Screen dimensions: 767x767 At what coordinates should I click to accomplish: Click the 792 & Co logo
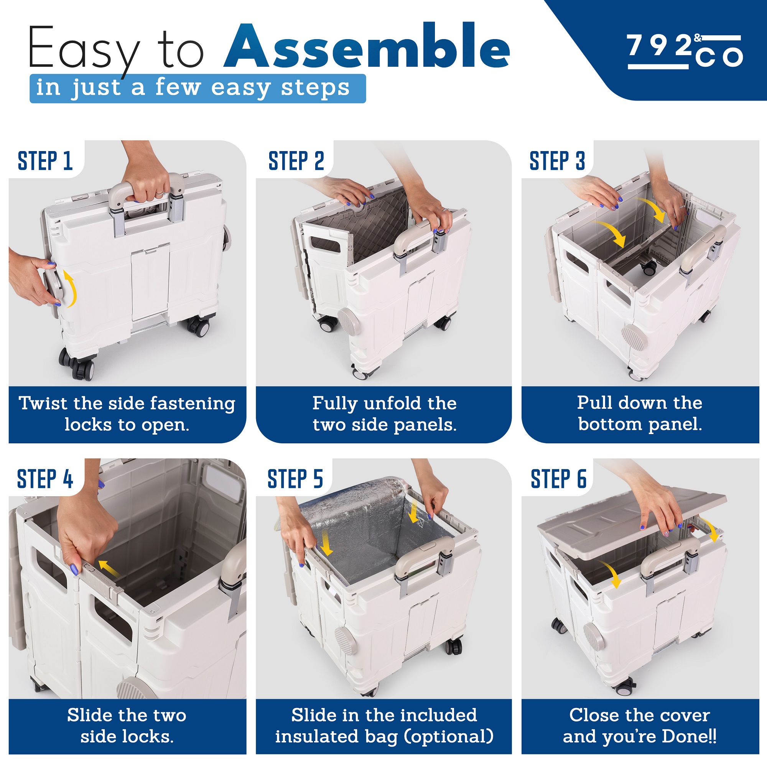pyautogui.click(x=685, y=52)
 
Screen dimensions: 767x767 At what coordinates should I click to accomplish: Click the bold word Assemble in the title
pyautogui.click(x=367, y=46)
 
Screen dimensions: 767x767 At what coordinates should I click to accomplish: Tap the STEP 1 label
pyautogui.click(x=45, y=161)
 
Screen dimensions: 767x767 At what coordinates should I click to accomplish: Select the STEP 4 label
pyautogui.click(x=45, y=479)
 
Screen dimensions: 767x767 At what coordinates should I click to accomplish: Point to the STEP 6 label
pyautogui.click(x=559, y=479)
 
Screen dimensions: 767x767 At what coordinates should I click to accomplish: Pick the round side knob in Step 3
pyautogui.click(x=634, y=336)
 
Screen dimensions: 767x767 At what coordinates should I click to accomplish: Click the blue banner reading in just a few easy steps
pyautogui.click(x=198, y=88)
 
